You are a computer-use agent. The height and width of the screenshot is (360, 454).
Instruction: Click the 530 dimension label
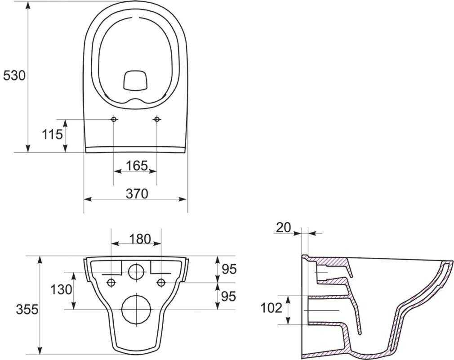(14, 76)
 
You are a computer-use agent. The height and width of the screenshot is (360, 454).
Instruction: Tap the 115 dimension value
(53, 134)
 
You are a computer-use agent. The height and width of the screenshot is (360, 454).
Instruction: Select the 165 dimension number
(137, 166)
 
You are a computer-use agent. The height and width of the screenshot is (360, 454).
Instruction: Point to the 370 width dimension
(137, 193)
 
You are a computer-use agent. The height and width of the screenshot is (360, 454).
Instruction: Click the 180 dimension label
(140, 239)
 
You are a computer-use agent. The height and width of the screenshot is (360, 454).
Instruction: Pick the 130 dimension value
(61, 289)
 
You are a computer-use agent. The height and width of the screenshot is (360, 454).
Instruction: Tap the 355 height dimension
(27, 309)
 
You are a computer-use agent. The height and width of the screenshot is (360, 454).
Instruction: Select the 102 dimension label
(272, 308)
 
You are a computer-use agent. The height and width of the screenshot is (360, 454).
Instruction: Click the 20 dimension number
(284, 228)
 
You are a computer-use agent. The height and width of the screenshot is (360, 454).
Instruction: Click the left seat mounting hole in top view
(114, 119)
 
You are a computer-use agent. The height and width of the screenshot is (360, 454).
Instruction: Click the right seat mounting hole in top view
(157, 119)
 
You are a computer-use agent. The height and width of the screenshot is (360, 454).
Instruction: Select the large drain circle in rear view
(136, 310)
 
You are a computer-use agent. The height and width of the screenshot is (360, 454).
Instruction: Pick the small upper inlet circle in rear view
(136, 271)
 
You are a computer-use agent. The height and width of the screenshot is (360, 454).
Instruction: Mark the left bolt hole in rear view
(111, 282)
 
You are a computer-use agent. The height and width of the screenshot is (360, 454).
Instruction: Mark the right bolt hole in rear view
(161, 282)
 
